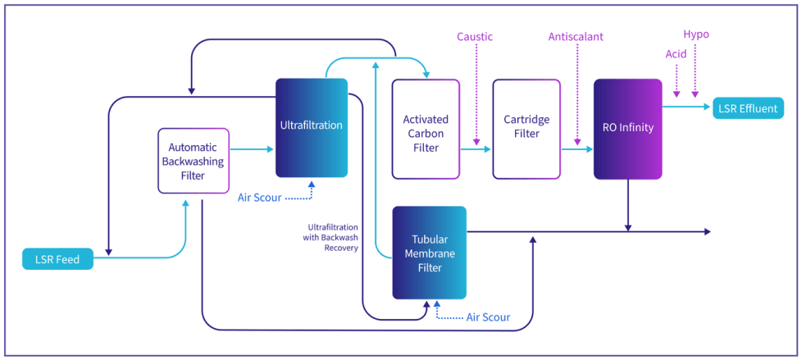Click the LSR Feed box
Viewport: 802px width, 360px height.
point(57,259)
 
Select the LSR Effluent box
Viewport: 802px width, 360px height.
point(748,108)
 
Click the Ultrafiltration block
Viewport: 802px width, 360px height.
point(312,126)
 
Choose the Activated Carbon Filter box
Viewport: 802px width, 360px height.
point(426,129)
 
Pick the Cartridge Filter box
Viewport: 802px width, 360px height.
point(526,129)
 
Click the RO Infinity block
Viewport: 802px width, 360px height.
point(627,129)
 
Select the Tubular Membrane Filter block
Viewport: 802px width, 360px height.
point(429,253)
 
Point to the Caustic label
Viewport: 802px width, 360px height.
point(475,37)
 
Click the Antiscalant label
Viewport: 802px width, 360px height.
point(577,37)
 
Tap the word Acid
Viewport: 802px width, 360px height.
point(676,54)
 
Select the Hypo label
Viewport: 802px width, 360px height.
point(695,34)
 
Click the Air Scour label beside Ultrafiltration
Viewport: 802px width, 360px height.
point(260,198)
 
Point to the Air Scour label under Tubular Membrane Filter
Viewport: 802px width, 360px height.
point(488,317)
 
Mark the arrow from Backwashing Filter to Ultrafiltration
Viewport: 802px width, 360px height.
point(252,149)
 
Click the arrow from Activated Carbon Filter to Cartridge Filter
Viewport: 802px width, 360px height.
point(476,149)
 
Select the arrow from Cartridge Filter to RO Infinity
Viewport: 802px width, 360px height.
point(576,149)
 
